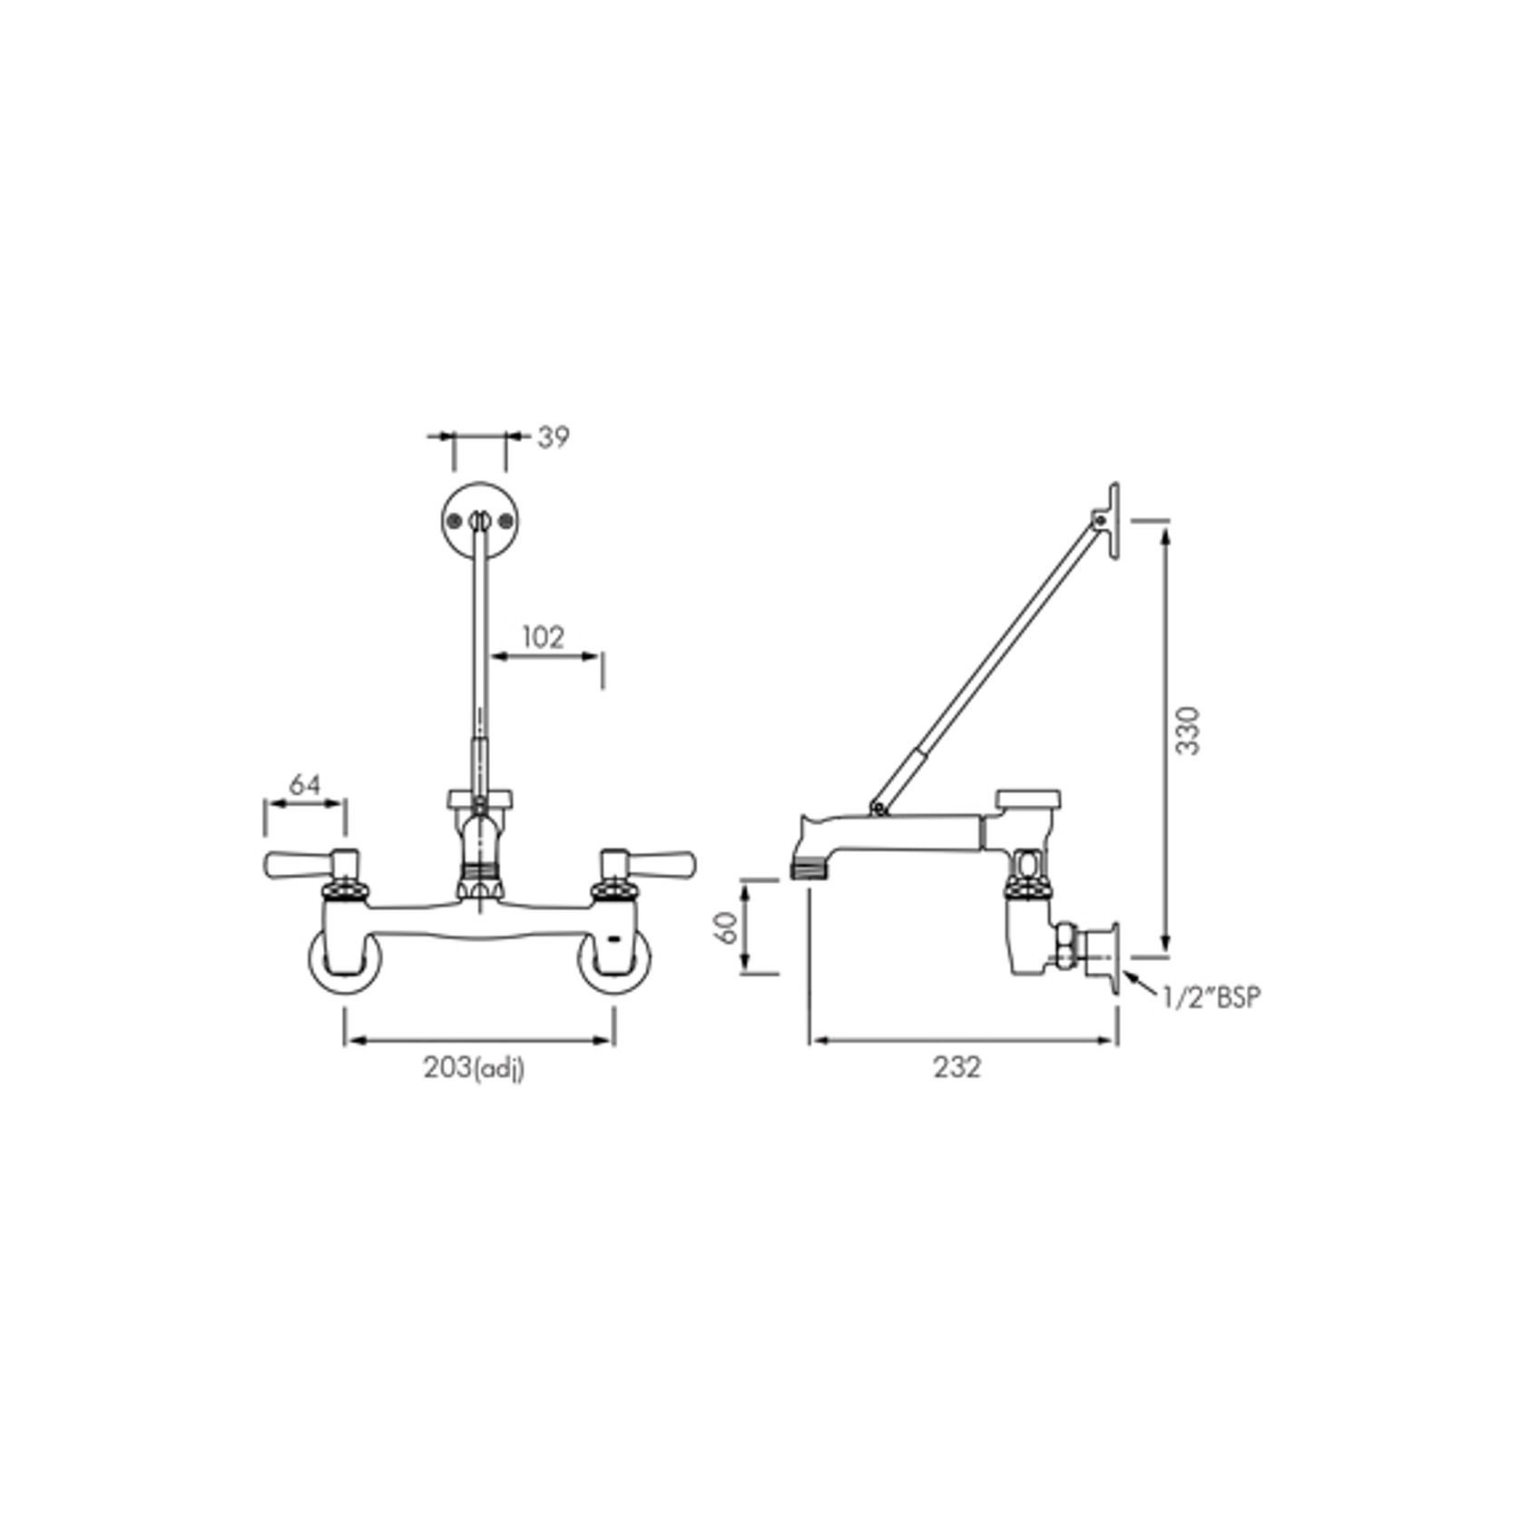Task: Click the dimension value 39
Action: pyautogui.click(x=553, y=437)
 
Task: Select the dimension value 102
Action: pyautogui.click(x=544, y=637)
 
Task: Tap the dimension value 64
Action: pyautogui.click(x=305, y=784)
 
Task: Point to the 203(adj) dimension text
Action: pyautogui.click(x=474, y=1069)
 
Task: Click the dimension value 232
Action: pyautogui.click(x=957, y=1068)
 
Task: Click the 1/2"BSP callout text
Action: pyautogui.click(x=1212, y=998)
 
